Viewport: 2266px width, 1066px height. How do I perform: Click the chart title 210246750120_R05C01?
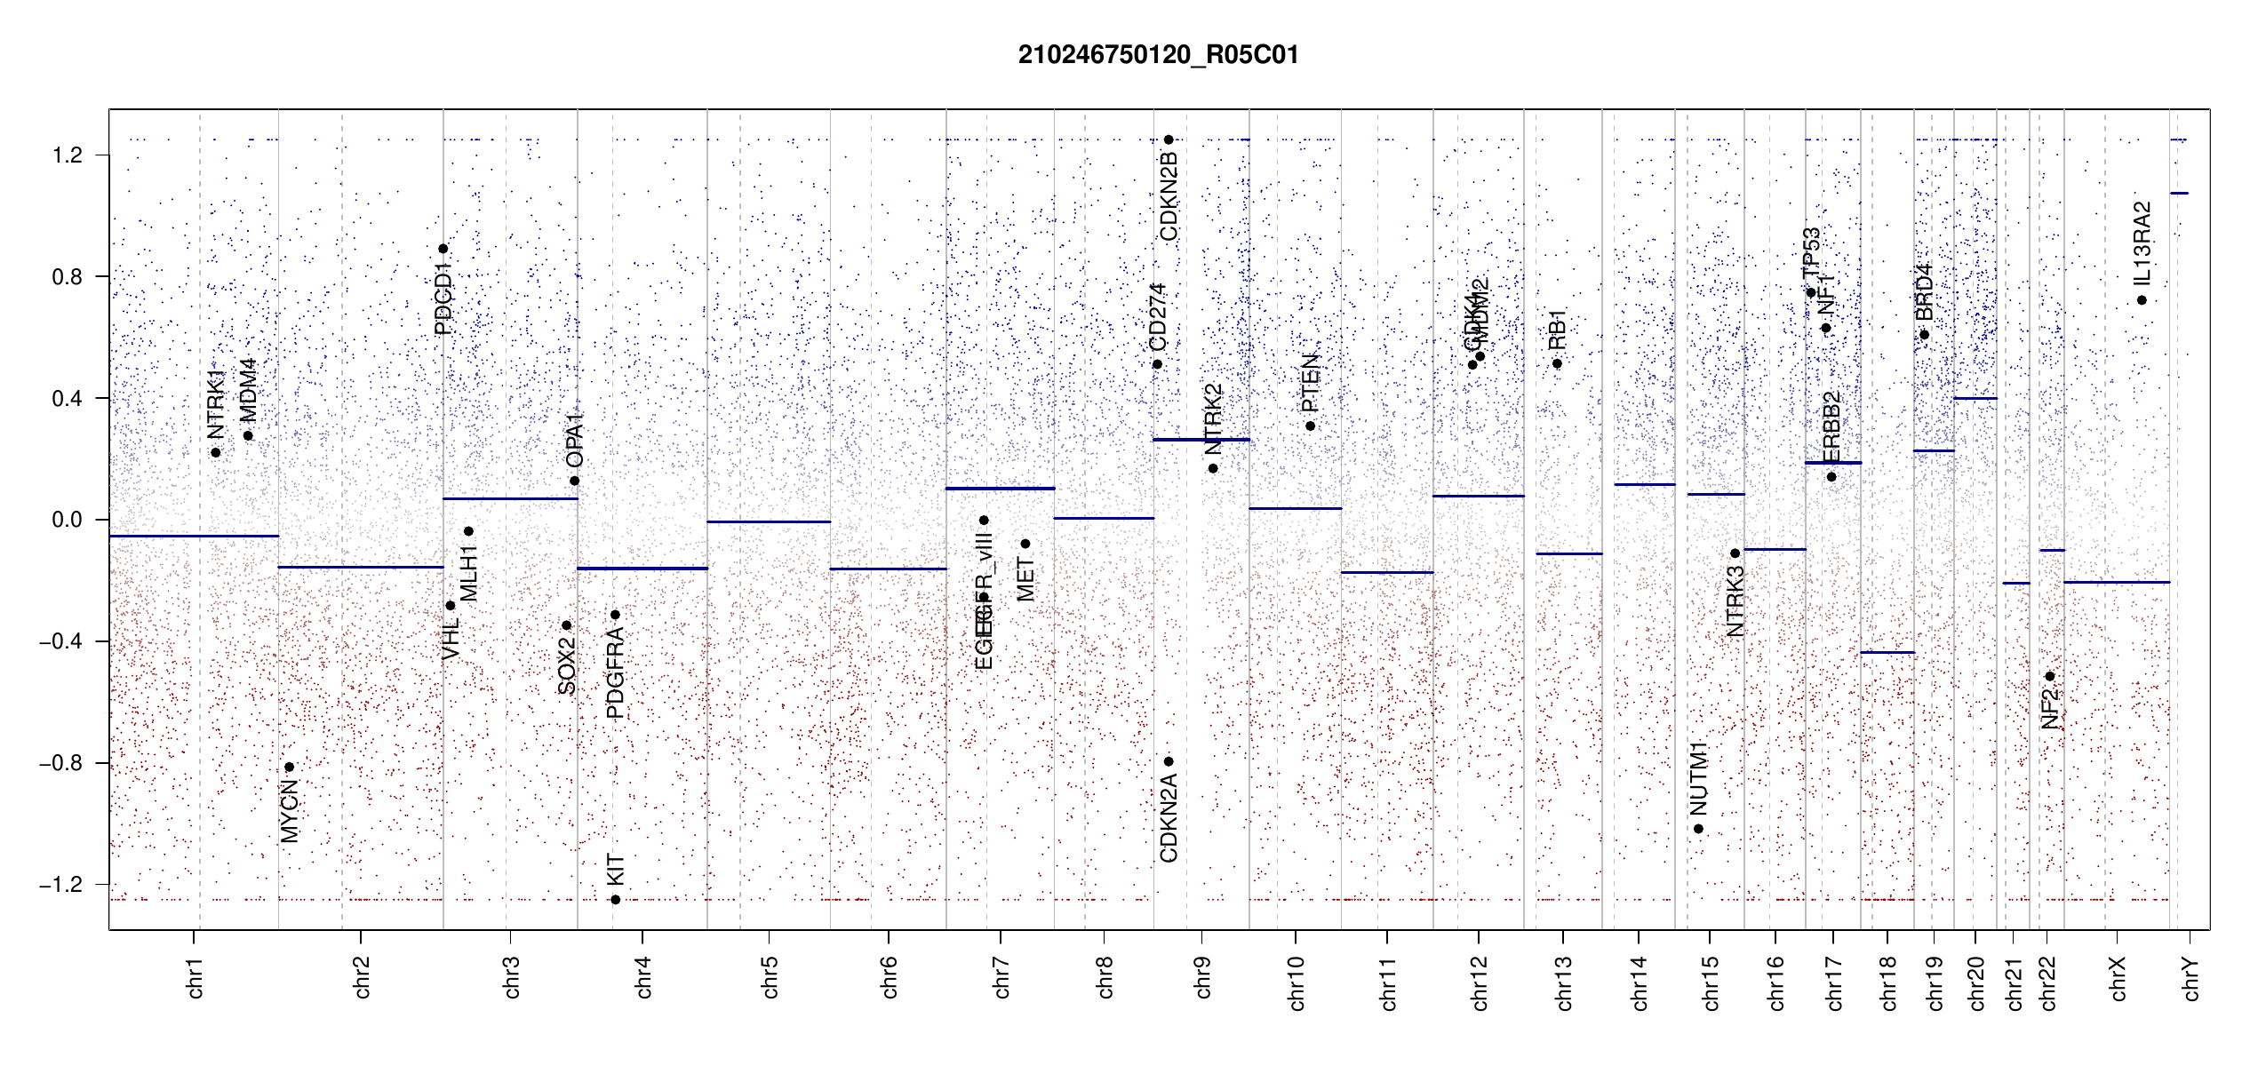[x=1158, y=55]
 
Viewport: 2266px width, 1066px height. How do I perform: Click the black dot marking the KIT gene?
[x=615, y=900]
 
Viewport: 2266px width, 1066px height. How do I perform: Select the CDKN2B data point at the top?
[x=1169, y=139]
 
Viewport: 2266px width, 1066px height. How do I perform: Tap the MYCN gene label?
[x=290, y=811]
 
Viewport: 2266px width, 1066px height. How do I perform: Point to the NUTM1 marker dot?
[x=1698, y=829]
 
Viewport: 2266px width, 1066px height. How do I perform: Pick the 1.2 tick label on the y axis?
[x=67, y=155]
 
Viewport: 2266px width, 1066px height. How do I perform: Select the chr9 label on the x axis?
[x=1202, y=977]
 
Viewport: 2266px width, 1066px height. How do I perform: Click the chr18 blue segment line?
[x=1887, y=653]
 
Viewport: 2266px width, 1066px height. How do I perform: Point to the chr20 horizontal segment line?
[x=1975, y=398]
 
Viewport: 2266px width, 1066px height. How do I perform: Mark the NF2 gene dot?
[x=2049, y=676]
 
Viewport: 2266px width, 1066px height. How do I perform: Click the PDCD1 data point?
[x=443, y=249]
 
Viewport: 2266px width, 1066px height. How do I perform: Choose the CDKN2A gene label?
[x=1169, y=818]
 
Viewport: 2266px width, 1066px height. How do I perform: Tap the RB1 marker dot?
[x=1557, y=363]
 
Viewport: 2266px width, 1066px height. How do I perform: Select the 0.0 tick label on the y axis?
[x=67, y=520]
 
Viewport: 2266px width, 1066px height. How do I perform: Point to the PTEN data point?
[x=1310, y=426]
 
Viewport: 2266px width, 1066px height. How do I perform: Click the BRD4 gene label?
[x=1924, y=292]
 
